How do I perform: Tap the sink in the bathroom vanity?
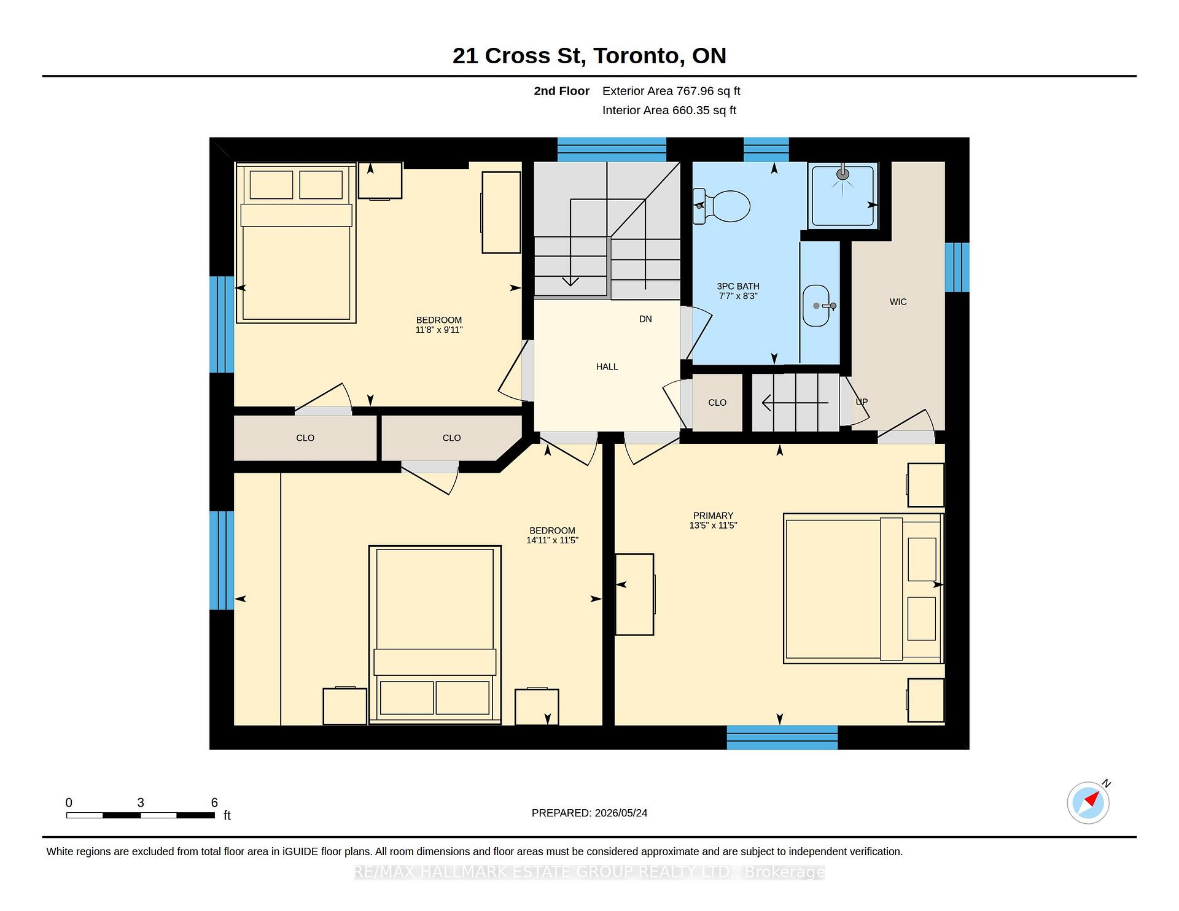click(817, 306)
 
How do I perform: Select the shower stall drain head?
click(843, 174)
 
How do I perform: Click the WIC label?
click(898, 302)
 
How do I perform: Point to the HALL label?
click(607, 367)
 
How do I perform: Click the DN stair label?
click(645, 319)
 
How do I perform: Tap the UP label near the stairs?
click(862, 402)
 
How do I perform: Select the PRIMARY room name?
click(713, 516)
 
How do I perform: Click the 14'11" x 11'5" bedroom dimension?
click(552, 541)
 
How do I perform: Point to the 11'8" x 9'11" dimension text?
click(438, 330)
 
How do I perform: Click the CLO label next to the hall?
click(717, 403)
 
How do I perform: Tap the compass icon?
click(1088, 802)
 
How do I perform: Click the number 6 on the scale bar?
click(214, 802)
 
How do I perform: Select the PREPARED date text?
click(589, 813)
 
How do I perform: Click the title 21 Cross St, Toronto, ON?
click(589, 56)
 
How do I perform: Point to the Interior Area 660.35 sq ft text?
click(669, 110)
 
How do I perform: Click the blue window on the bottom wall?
click(782, 737)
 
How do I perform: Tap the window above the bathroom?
click(766, 150)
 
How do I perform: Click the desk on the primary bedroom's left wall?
click(635, 594)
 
